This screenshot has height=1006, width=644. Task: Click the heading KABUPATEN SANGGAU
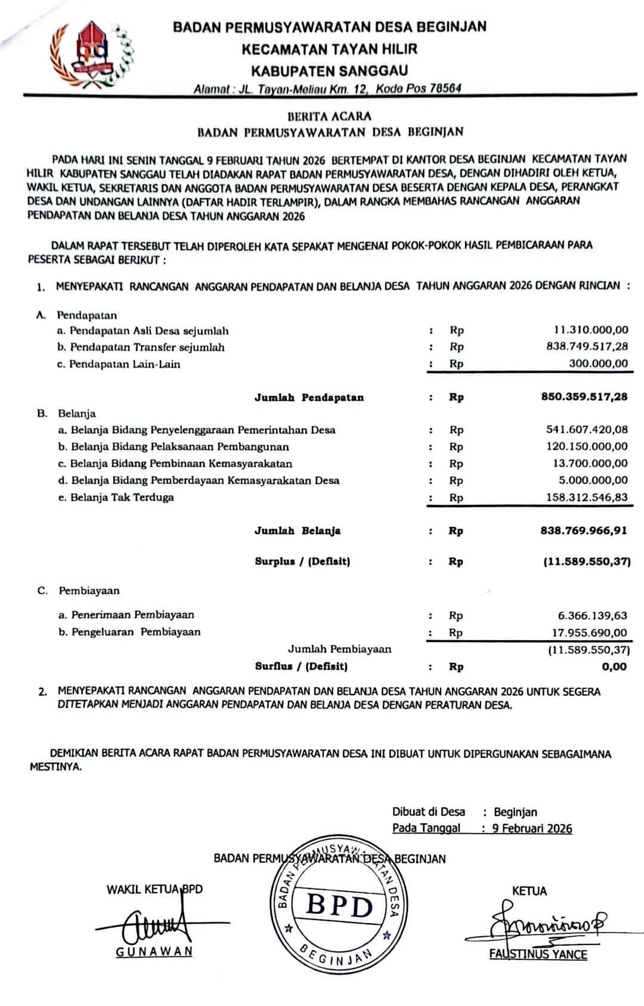click(x=329, y=71)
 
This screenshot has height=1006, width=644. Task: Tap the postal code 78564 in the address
click(x=445, y=88)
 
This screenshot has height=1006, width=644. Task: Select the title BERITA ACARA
click(x=329, y=116)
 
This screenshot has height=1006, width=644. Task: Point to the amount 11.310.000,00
click(x=591, y=329)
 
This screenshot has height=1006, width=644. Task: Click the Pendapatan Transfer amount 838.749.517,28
click(x=587, y=346)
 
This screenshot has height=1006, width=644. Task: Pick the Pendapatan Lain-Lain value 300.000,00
click(x=598, y=363)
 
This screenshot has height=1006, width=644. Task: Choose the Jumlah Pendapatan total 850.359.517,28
click(x=584, y=397)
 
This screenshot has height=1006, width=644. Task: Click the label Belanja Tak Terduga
click(x=122, y=497)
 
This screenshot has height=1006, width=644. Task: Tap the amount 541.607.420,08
click(x=587, y=430)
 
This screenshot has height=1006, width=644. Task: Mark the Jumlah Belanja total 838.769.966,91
click(x=584, y=530)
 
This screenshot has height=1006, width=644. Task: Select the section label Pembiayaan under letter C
click(x=89, y=591)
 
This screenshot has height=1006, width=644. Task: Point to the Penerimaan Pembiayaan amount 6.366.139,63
click(x=592, y=615)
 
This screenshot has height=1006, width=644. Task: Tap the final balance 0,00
click(x=614, y=666)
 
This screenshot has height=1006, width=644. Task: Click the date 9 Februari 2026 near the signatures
click(x=532, y=829)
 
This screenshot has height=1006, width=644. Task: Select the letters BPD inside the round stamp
click(x=339, y=906)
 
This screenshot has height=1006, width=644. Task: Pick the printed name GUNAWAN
click(x=154, y=952)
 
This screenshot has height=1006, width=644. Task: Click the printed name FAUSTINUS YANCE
click(x=538, y=954)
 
